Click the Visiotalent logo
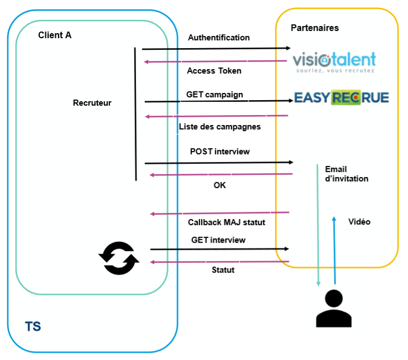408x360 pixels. point(334,62)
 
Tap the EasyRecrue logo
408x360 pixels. point(341,98)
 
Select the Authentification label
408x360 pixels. point(219,38)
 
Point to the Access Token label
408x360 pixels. point(214,71)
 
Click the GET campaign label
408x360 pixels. point(215,94)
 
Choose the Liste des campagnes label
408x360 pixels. point(219,127)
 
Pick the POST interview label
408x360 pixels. point(219,152)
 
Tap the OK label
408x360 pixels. point(219,185)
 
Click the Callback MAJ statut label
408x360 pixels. point(227,222)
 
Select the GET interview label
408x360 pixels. point(218,240)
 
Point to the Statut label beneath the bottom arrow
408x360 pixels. point(223,270)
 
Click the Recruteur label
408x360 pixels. point(92,103)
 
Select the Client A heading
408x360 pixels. point(55,35)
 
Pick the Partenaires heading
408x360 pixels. point(315,28)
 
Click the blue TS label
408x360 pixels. point(33,326)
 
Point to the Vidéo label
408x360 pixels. point(359,222)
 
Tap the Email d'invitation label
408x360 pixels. point(347,174)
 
